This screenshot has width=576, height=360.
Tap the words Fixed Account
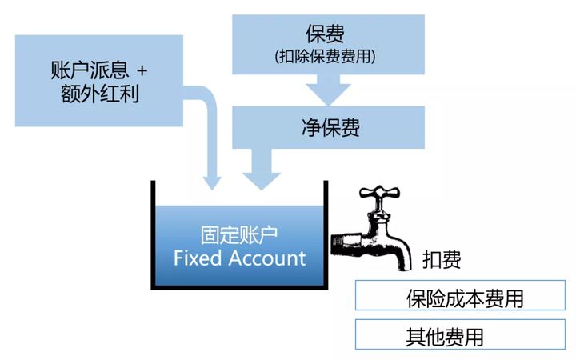point(239,258)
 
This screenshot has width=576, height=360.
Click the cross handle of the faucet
point(379,194)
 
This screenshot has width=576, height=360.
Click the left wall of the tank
point(153,236)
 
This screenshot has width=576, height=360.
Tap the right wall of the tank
point(326,236)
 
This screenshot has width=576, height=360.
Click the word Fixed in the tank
point(199,258)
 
